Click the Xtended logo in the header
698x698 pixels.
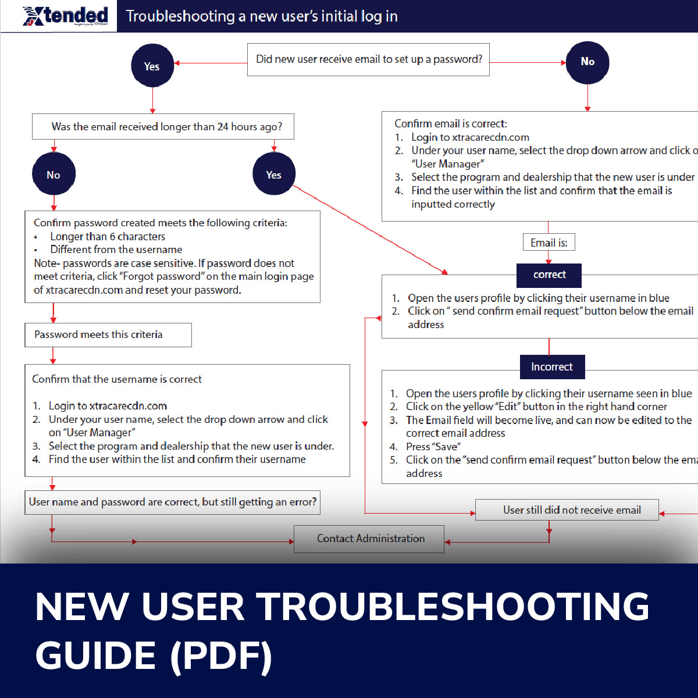[x=65, y=16]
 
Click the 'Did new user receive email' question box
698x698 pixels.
[x=368, y=59]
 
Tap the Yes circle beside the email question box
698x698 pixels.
[x=152, y=66]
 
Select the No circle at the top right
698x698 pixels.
[x=587, y=62]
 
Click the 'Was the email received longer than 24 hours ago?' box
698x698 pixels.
[x=163, y=127]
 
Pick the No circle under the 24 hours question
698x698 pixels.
[x=54, y=174]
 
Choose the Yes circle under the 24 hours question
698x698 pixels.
[x=274, y=174]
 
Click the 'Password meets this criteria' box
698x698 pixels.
[x=108, y=335]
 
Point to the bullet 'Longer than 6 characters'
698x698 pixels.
[x=108, y=237]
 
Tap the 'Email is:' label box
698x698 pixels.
[x=549, y=243]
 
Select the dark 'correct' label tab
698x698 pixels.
[x=549, y=275]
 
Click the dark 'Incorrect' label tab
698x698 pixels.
[x=552, y=367]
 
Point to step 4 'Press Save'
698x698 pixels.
[x=433, y=447]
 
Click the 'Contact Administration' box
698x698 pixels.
[x=369, y=539]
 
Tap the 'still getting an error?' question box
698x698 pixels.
[x=172, y=502]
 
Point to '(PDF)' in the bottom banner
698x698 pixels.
[x=221, y=656]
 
